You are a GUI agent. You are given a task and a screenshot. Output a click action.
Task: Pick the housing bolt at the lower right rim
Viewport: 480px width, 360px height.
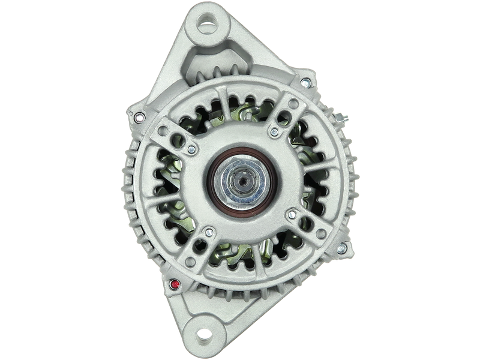(343, 246)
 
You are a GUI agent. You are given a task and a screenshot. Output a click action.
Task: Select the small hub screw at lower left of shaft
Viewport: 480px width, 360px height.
(208, 229)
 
